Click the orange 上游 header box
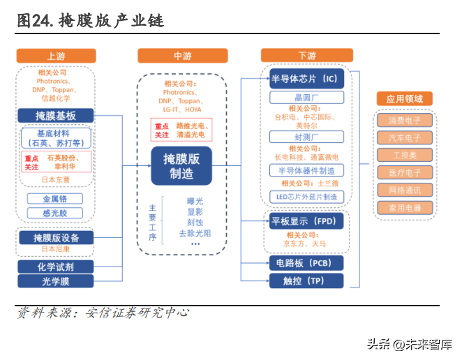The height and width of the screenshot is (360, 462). click(55, 57)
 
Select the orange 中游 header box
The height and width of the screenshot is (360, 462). click(182, 57)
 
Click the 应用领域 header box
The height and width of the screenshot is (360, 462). click(404, 99)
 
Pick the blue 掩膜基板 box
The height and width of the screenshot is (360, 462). click(56, 116)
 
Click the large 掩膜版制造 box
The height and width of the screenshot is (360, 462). click(181, 166)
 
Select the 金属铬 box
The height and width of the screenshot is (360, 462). click(56, 198)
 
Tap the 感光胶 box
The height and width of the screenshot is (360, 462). click(56, 213)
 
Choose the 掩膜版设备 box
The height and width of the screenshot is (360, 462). click(56, 238)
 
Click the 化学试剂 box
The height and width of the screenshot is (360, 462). click(56, 266)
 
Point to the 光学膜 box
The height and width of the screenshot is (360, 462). click(56, 280)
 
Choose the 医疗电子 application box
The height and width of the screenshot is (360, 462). click(404, 172)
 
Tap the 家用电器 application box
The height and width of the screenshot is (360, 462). click(404, 207)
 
